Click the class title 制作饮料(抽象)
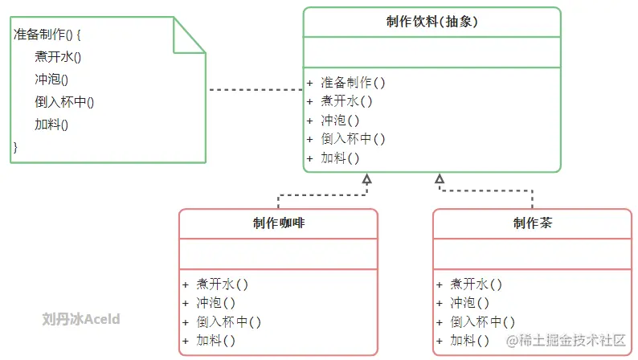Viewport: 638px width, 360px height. point(432,22)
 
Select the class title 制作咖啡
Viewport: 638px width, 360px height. point(278,223)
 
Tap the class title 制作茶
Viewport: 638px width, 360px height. point(533,223)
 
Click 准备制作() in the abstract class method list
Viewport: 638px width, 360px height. point(353,82)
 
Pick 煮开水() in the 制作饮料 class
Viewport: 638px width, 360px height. point(346,101)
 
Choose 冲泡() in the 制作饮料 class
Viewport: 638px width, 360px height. point(340,120)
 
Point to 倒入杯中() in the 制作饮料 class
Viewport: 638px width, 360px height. point(353,139)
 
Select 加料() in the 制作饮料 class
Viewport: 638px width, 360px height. point(340,157)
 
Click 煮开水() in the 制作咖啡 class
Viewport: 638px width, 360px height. point(222,284)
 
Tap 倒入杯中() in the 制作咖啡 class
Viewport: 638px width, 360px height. point(228,321)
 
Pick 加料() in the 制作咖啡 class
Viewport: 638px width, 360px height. point(215,341)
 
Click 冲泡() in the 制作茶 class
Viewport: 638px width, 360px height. point(469,303)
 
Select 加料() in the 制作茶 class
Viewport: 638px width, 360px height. point(469,341)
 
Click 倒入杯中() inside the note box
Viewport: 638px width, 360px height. point(64,102)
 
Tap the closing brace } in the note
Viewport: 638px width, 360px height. point(15,146)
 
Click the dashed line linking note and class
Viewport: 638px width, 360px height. point(255,90)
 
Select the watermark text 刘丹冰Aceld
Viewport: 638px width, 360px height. point(81,319)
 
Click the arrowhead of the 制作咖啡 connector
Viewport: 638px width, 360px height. point(366,178)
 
